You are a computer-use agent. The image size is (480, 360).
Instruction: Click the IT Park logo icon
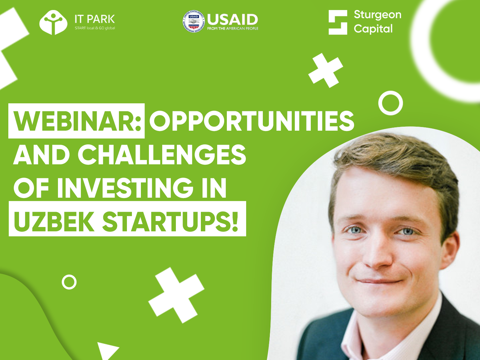tap(53, 22)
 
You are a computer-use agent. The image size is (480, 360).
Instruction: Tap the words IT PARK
tap(95, 19)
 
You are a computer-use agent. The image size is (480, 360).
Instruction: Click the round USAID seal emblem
tap(194, 21)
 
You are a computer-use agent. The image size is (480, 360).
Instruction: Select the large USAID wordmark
tap(233, 20)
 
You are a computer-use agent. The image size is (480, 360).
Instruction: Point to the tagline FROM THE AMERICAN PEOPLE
tap(233, 28)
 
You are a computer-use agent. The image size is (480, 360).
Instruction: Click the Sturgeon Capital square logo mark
tap(338, 22)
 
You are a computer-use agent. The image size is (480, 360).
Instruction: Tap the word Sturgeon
tap(377, 15)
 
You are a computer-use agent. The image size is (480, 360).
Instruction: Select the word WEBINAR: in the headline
tap(77, 121)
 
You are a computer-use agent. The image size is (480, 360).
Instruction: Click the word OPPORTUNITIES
tap(252, 121)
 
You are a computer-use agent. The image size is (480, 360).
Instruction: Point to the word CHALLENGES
tap(162, 155)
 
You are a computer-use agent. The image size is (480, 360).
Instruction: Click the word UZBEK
tap(54, 221)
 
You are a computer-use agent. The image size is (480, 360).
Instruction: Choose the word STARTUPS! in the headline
tap(170, 221)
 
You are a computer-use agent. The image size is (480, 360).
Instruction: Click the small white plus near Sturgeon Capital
tap(326, 70)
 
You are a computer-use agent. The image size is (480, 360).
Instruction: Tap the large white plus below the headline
tap(176, 295)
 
